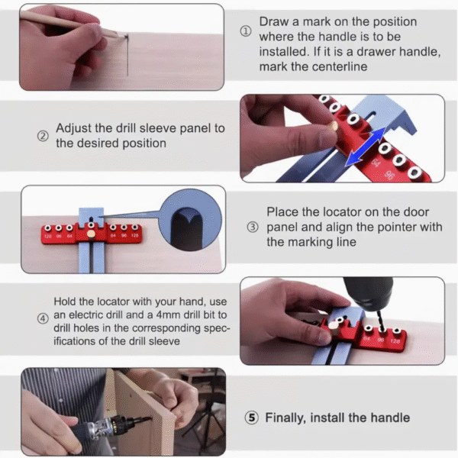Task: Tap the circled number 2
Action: coord(43,137)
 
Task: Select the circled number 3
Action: coord(253,227)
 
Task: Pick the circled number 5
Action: coord(251,418)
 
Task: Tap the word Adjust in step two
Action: coord(76,128)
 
